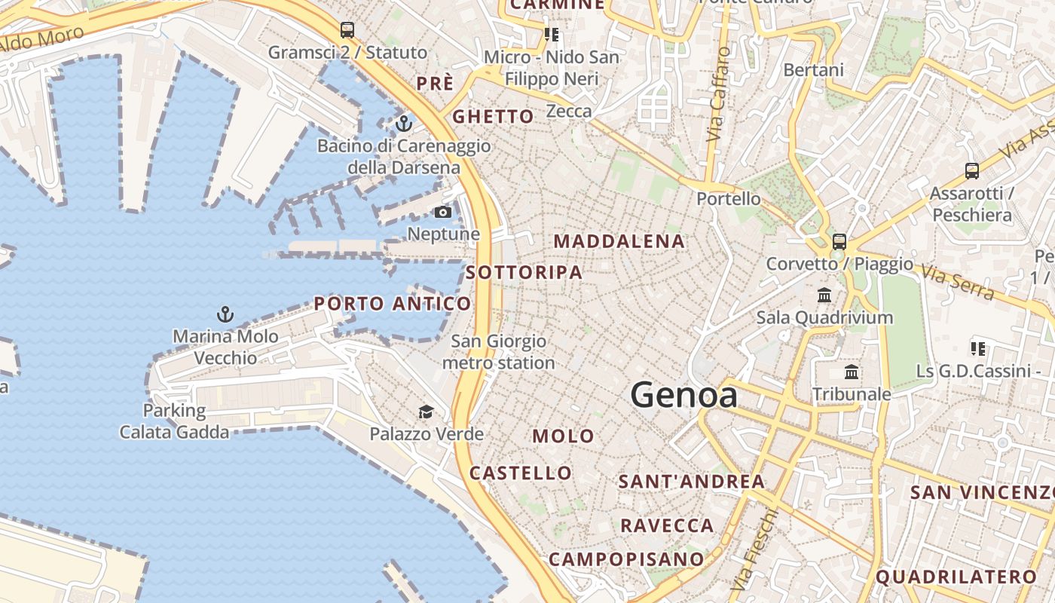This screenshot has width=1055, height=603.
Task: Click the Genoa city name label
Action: click(x=683, y=395)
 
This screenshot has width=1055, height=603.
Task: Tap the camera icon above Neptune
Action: click(x=443, y=212)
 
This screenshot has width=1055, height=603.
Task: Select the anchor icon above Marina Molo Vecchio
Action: click(x=225, y=314)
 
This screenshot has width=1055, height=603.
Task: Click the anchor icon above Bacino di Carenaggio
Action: click(x=404, y=122)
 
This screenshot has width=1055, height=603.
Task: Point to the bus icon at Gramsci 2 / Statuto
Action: click(x=347, y=30)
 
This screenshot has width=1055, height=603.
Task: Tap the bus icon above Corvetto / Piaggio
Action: click(x=839, y=242)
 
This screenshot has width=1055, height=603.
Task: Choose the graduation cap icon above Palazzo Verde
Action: click(x=427, y=412)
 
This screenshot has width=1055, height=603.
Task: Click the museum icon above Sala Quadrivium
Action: click(x=824, y=295)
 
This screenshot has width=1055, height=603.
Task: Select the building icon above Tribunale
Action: click(x=852, y=372)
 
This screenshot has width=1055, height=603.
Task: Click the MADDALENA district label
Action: click(x=619, y=242)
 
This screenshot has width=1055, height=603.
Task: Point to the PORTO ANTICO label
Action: click(x=393, y=304)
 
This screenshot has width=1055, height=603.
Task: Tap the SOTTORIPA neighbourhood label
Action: click(x=524, y=273)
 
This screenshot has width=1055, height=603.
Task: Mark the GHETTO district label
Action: click(x=493, y=117)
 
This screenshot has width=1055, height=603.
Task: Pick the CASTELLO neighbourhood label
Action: click(x=521, y=473)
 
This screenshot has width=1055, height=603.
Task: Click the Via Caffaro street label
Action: click(x=719, y=94)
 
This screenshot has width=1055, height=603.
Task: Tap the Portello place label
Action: click(x=729, y=199)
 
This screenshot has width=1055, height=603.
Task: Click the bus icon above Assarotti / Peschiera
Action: click(x=972, y=171)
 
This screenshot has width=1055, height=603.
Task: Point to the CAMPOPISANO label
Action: click(x=626, y=559)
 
